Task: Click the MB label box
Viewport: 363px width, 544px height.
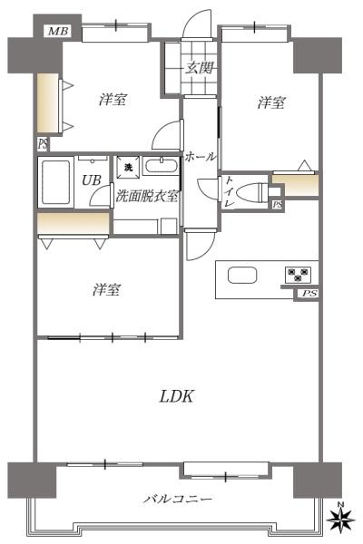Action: coord(58,31)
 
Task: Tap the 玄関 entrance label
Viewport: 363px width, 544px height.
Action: coord(199,67)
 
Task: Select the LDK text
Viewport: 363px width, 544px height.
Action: coord(176,396)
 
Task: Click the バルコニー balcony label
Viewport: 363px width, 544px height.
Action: coord(178,500)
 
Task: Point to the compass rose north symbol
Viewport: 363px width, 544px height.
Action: coord(341,519)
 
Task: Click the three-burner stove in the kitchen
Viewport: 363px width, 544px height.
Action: coord(298,274)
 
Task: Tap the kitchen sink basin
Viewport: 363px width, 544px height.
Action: coord(242,276)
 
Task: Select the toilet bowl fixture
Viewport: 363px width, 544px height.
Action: coord(254,192)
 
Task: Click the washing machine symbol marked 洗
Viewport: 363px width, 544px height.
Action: coord(128,168)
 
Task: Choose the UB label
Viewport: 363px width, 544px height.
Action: coord(92,180)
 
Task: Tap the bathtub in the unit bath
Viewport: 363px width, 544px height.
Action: coord(55,182)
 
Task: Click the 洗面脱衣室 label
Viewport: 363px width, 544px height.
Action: coord(147,197)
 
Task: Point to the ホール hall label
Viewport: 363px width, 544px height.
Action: coord(200,157)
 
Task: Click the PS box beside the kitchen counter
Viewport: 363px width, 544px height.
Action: coord(309,294)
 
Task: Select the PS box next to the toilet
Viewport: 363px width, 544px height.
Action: coord(278,205)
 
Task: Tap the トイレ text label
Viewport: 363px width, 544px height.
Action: coord(230,191)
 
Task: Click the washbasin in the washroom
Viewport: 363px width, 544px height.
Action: coord(162,166)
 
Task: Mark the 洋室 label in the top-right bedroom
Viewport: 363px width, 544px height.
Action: coord(271,102)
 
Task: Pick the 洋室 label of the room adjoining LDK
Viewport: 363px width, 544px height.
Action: coord(107,289)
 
